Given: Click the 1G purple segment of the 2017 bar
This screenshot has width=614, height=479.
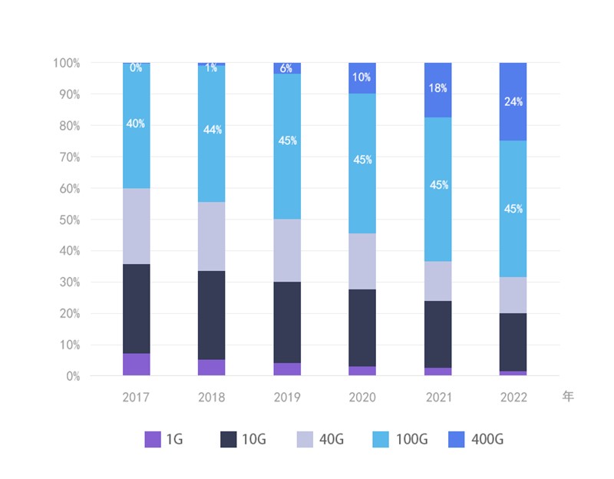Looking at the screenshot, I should tap(136, 365).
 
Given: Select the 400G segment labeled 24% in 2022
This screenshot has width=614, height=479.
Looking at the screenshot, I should tap(513, 101).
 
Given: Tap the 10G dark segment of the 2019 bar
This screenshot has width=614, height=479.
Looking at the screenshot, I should tap(287, 322).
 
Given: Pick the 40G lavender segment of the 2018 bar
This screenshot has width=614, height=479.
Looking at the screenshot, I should tap(211, 236).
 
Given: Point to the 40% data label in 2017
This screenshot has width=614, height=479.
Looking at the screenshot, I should tap(136, 124).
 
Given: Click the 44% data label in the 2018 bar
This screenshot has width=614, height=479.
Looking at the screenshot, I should tap(212, 130).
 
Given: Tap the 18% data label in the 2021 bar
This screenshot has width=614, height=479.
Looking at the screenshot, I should tap(438, 88).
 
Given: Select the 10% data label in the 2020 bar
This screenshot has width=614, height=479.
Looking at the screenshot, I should tap(362, 78).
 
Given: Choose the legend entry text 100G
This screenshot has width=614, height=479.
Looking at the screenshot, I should tap(411, 440).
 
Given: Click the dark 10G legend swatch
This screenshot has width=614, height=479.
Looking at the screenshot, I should tap(229, 439).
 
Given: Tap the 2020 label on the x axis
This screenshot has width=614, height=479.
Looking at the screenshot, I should tap(362, 398).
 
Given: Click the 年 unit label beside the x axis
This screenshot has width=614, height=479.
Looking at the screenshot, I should tap(567, 397).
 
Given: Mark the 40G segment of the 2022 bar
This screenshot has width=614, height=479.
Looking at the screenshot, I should tap(513, 295).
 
